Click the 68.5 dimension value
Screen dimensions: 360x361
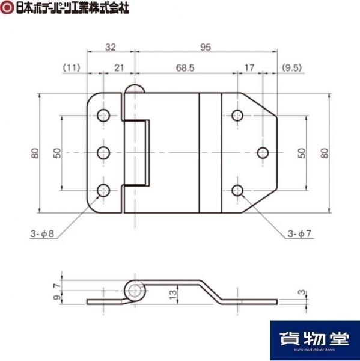[185, 68]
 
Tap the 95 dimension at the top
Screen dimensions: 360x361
[206, 47]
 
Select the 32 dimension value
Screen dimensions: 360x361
[111, 47]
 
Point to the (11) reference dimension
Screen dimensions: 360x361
[72, 68]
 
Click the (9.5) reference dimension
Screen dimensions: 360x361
[291, 68]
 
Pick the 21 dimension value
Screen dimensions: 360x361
[119, 68]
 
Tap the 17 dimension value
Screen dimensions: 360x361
[249, 68]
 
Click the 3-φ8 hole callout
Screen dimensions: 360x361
[42, 234]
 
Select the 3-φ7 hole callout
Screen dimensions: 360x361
[299, 234]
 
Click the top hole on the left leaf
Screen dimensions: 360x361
[103, 116]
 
